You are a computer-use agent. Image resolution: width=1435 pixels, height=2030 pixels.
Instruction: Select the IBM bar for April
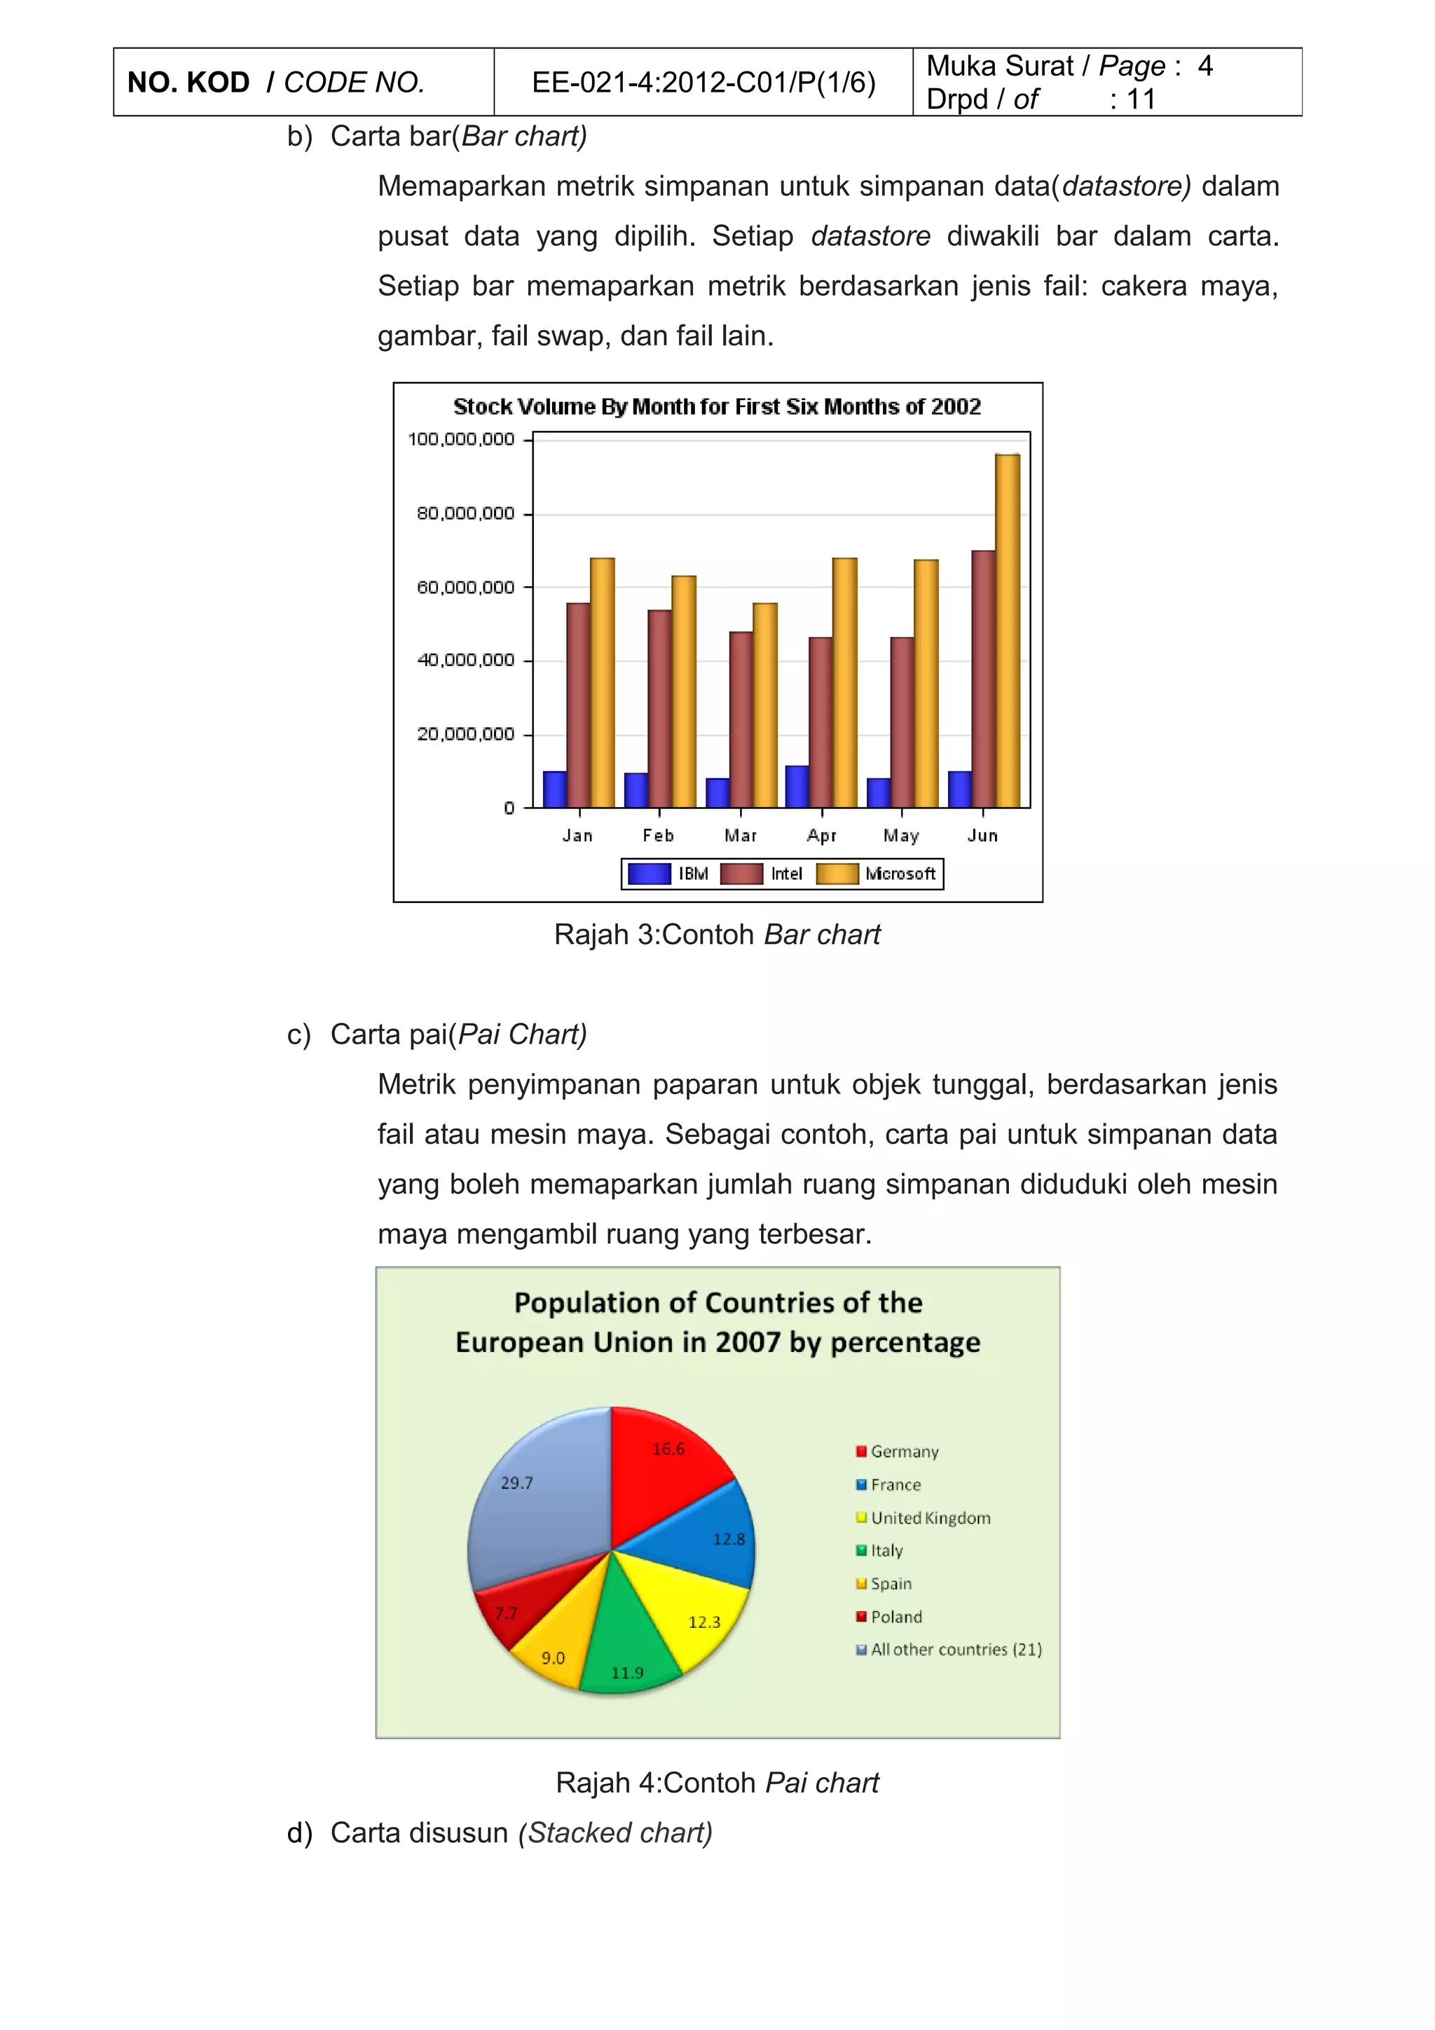(797, 786)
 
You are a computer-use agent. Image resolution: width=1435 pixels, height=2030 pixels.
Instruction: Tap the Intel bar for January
(578, 705)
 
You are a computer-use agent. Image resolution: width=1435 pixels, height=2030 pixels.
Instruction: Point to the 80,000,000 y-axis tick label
(465, 513)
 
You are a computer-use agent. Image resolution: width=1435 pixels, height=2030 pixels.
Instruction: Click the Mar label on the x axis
(740, 836)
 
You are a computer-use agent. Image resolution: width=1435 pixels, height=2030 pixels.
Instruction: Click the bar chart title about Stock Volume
(717, 407)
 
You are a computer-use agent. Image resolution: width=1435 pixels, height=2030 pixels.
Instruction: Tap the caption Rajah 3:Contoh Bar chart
(717, 934)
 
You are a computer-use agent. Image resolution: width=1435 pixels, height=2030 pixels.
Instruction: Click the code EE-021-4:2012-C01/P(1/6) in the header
(703, 82)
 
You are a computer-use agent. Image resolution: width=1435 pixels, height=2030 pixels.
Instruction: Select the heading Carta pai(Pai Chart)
(458, 1035)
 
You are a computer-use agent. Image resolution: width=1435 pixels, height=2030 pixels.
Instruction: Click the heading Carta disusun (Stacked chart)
(521, 1833)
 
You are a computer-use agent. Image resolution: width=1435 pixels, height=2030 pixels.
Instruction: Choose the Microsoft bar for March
(765, 705)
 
